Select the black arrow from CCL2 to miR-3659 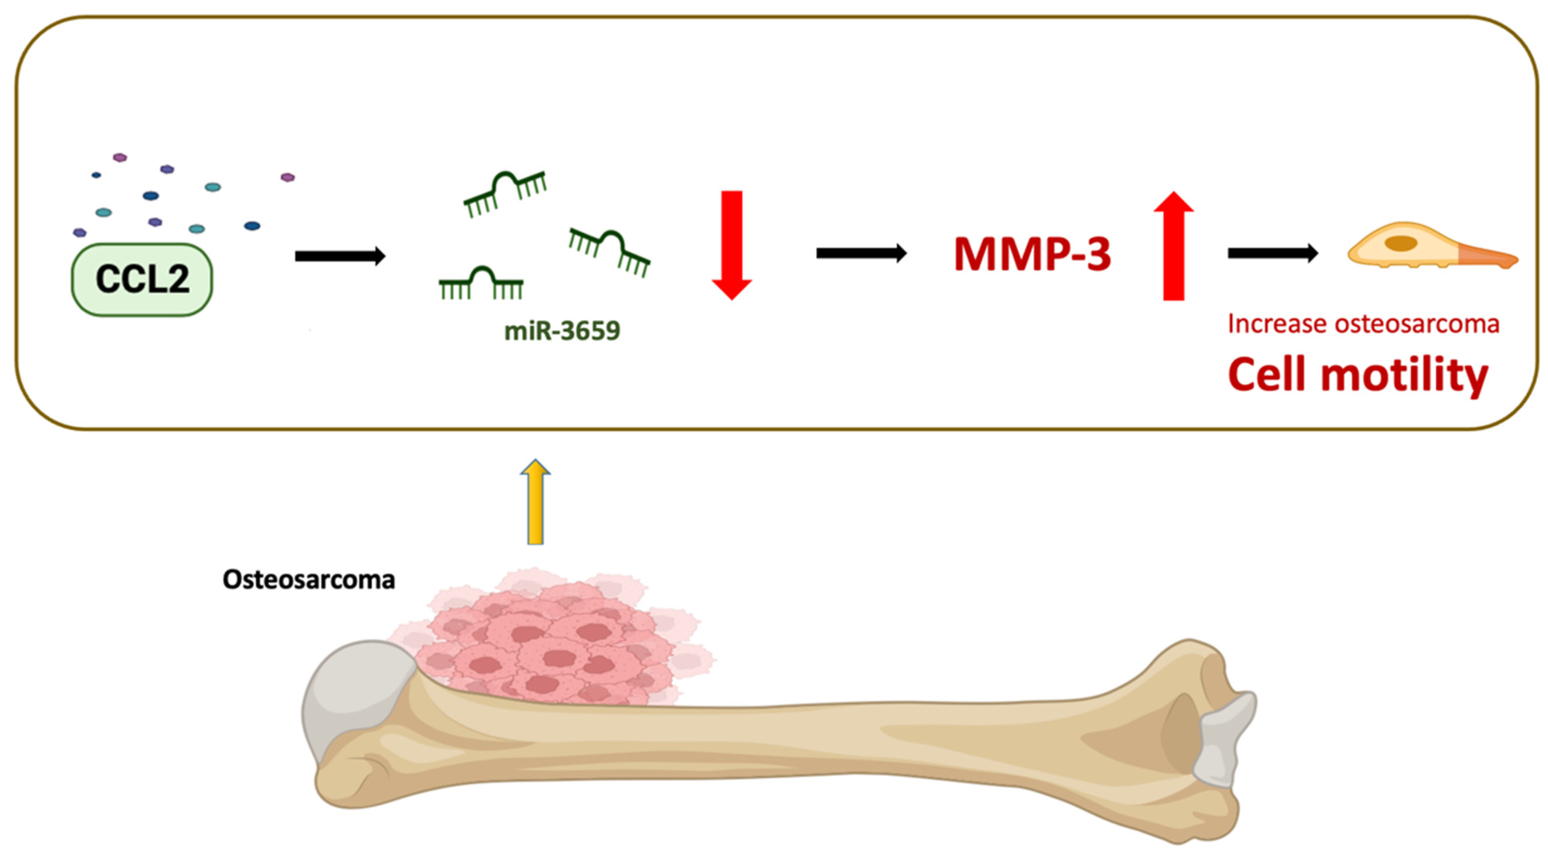point(340,256)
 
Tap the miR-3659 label point(562,331)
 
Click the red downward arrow point(731,244)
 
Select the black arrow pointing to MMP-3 point(860,253)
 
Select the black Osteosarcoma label point(309,579)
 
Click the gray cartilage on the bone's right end point(1223,742)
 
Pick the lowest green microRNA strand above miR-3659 point(481,284)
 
